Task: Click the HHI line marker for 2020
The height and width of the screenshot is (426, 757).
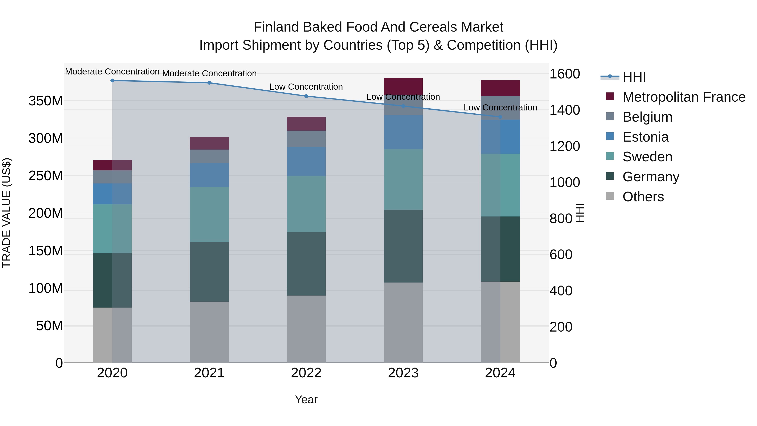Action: point(112,81)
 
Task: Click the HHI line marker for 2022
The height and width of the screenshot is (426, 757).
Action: point(306,96)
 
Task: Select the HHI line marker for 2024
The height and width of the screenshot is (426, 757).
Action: point(500,117)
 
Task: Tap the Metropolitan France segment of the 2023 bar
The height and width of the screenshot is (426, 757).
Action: point(403,86)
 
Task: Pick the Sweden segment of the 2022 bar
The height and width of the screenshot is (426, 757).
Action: point(306,204)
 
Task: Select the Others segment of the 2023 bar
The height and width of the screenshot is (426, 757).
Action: point(403,322)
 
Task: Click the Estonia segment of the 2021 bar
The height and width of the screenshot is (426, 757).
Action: point(209,175)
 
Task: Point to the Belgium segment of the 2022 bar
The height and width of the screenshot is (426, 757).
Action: point(306,139)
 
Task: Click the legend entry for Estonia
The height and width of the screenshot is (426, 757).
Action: point(645,137)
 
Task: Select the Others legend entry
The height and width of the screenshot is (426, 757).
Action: point(643,197)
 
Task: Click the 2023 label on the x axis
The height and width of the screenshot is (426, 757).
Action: point(403,373)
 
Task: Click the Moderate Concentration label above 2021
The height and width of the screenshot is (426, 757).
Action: point(209,73)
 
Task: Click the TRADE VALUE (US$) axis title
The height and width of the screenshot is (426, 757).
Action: point(7,213)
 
